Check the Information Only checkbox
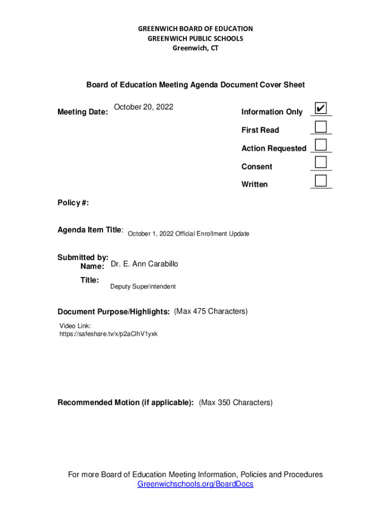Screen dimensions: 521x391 point(320,108)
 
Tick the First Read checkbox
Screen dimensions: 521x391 point(320,127)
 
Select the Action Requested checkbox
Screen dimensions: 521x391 point(320,144)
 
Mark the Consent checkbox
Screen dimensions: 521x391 point(320,163)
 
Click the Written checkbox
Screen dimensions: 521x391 point(320,181)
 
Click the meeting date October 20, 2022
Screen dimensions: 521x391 point(144,107)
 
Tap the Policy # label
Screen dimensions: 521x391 point(73,203)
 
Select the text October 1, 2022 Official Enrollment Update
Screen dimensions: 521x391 point(188,234)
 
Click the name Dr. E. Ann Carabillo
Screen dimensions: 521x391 point(144,264)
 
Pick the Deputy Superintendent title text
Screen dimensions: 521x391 point(143,286)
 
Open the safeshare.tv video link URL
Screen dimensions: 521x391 point(109,334)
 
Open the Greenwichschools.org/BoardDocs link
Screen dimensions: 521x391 point(195,484)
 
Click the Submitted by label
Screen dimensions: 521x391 point(83,257)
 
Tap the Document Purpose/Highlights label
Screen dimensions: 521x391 point(113,311)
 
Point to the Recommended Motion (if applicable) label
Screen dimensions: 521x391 point(125,403)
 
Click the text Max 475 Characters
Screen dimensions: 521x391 point(211,311)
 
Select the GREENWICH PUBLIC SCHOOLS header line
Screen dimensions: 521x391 point(195,38)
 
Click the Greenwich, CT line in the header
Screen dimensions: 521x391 point(195,48)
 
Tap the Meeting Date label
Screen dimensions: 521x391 point(82,112)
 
